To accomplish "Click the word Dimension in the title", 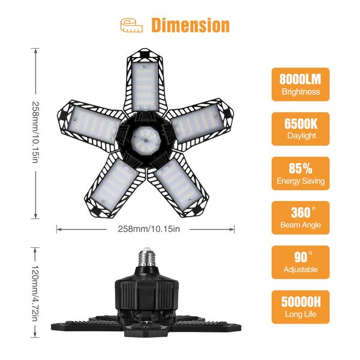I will pos(190,25).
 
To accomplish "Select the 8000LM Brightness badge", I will pos(300,85).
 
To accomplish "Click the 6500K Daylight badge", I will pos(300,129).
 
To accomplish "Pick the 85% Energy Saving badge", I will pos(300,173).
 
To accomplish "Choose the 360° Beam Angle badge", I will pos(300,218).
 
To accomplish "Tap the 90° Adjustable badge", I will pos(300,262).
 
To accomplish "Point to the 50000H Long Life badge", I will pos(300,307).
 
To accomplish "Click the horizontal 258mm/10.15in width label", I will pos(145,229).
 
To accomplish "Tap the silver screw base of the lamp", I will pos(146,257).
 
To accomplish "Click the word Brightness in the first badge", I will pos(300,92).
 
